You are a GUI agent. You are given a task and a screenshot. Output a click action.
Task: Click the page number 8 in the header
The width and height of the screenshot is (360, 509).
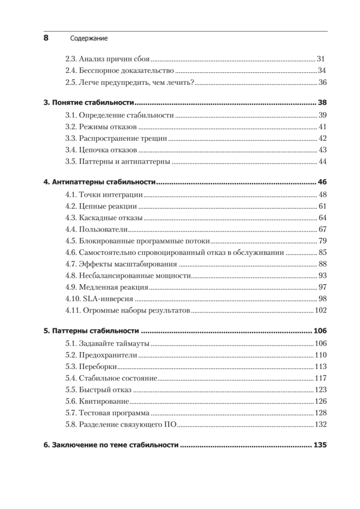[46, 38]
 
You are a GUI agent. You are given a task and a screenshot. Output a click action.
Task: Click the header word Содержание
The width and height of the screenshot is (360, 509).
[88, 39]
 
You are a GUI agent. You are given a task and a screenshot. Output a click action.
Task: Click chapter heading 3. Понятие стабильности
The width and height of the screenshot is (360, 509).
[89, 103]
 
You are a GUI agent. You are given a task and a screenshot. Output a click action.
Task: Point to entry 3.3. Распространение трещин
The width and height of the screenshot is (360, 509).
[116, 138]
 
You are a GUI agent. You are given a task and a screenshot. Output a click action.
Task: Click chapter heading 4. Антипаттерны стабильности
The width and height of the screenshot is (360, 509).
[100, 183]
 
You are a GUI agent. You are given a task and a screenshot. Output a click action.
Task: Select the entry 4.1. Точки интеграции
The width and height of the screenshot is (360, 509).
[104, 195]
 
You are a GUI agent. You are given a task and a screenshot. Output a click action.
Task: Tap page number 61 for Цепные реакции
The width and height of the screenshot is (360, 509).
[321, 207]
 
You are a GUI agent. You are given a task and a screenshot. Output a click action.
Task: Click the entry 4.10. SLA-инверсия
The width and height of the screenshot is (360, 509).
[101, 299]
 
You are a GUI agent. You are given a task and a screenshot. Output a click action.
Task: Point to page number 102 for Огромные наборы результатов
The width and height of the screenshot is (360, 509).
[320, 310]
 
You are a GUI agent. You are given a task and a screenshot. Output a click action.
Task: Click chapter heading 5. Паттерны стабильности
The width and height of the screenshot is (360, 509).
[92, 331]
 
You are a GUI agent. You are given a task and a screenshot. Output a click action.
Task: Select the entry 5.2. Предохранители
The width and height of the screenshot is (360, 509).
[101, 355]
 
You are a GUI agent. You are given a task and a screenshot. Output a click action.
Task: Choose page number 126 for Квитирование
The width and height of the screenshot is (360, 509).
[320, 401]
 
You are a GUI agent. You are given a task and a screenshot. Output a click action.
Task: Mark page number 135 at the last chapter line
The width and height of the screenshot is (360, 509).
[319, 445]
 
